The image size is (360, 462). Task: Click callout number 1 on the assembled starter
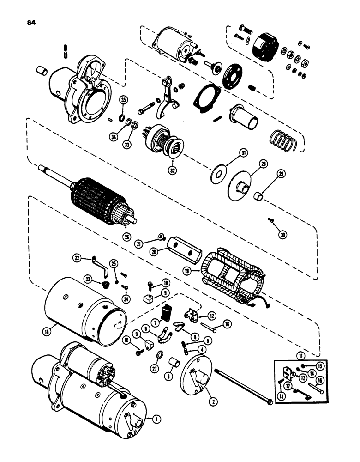coord(157,419)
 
